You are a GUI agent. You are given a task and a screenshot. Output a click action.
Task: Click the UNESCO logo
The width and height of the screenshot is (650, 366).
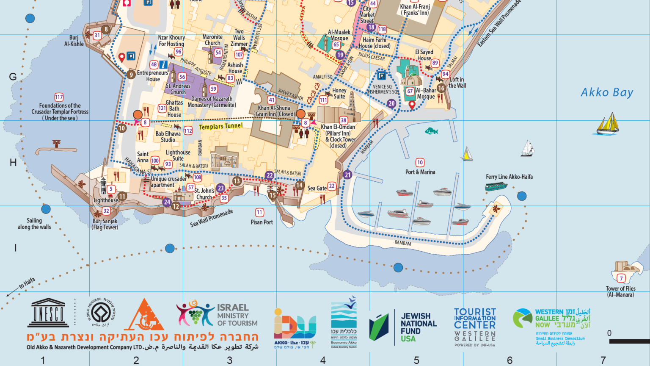48,313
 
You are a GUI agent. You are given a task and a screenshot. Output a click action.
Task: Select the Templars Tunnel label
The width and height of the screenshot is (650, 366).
220,126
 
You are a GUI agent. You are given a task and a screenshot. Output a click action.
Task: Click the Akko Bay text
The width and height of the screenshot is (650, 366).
606,92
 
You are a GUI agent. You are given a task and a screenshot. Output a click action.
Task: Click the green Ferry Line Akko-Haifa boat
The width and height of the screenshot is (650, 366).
496,186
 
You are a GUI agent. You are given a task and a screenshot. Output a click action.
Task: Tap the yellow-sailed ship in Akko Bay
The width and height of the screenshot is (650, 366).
608,124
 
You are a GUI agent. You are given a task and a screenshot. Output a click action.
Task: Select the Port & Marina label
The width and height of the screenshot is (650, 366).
420,172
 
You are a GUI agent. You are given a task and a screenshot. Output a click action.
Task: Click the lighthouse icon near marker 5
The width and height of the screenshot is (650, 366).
103,185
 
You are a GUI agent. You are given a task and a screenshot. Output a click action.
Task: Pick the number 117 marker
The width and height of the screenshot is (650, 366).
59,97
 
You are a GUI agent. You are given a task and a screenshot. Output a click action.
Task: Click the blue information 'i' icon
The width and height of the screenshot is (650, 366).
163,65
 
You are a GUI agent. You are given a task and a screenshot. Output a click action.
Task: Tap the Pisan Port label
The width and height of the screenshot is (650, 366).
262,222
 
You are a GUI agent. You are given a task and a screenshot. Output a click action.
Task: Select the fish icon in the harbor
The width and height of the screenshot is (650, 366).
431,131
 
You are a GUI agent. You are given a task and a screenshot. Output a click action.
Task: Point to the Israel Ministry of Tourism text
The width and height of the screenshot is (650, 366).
237,315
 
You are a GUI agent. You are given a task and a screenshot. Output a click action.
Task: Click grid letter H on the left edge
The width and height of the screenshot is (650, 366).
13,163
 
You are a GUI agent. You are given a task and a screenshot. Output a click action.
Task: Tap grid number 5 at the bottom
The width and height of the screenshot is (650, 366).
416,360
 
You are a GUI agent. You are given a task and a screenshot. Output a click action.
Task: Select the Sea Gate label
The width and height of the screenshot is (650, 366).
317,188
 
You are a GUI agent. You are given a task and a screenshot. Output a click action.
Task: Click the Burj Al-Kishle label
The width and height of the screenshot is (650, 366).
74,41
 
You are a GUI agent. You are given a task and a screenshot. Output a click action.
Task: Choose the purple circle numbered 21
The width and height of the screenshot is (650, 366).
347,175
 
